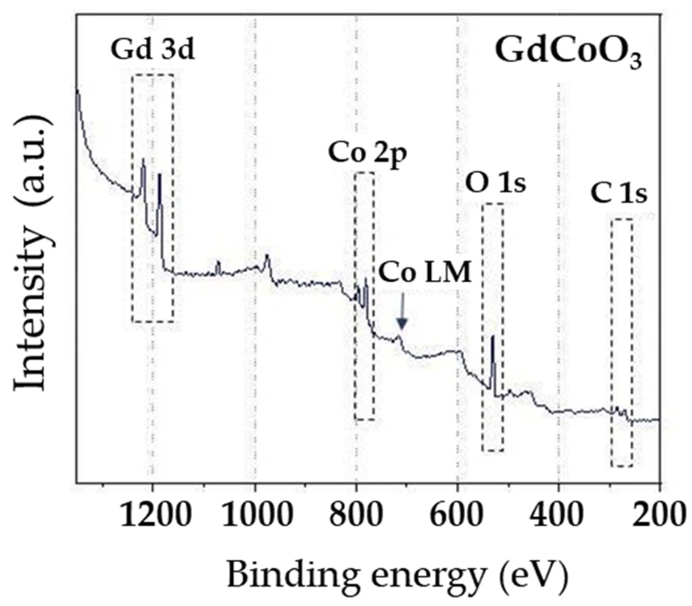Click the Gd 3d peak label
click(x=152, y=50)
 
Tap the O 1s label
click(x=495, y=184)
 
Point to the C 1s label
click(x=618, y=195)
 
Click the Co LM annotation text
click(x=425, y=272)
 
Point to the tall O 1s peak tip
click(x=492, y=337)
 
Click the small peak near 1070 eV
click(x=218, y=262)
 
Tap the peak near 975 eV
click(x=267, y=256)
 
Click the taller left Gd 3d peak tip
click(x=143, y=159)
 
